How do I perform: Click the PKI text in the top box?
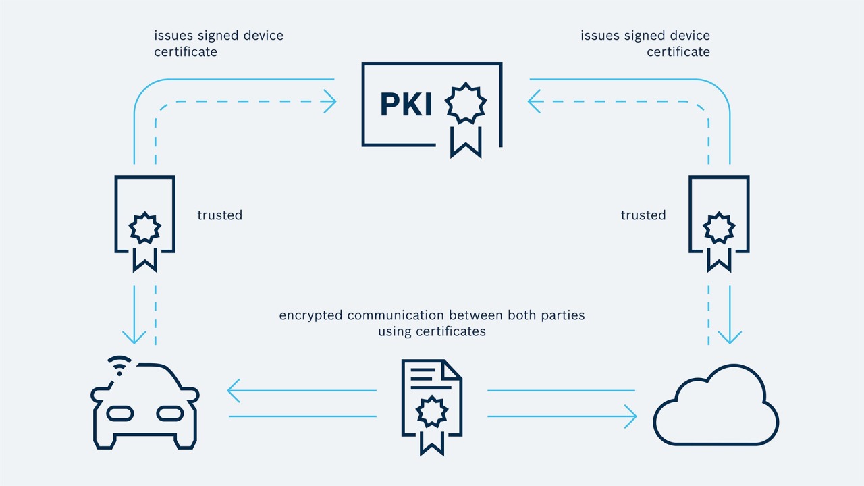coord(406,105)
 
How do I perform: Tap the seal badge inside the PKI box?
coord(465,105)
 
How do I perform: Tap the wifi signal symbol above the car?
coord(120,365)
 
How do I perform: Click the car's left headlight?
coord(120,412)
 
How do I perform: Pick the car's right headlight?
coord(169,412)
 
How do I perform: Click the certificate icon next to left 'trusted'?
coord(144,223)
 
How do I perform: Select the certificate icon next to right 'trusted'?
coord(719,223)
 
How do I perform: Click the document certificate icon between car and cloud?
coord(432,405)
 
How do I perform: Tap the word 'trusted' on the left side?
coord(219,215)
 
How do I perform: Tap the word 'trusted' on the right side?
coord(643,215)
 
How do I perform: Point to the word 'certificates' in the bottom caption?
coord(450,331)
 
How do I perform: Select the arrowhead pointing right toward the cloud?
coord(630,416)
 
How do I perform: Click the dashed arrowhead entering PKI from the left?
coord(330,102)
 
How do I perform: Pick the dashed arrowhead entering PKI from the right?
coord(534,102)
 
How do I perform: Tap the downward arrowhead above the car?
coord(134,335)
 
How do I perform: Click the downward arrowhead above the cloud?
coord(730,337)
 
